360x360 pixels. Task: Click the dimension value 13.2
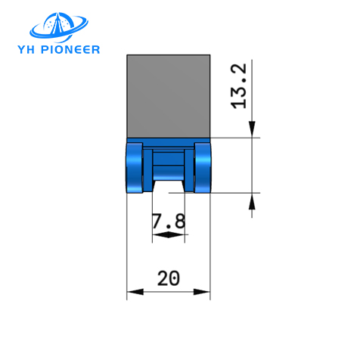[240, 85]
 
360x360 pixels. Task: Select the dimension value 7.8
[169, 222]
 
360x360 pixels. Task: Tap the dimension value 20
[168, 278]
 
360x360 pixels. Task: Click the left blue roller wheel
[135, 168]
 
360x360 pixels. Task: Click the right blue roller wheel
[202, 168]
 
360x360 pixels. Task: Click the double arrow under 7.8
[168, 236]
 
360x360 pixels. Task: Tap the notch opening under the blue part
[168, 186]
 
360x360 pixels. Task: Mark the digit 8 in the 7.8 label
[178, 222]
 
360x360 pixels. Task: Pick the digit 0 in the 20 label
[175, 278]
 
